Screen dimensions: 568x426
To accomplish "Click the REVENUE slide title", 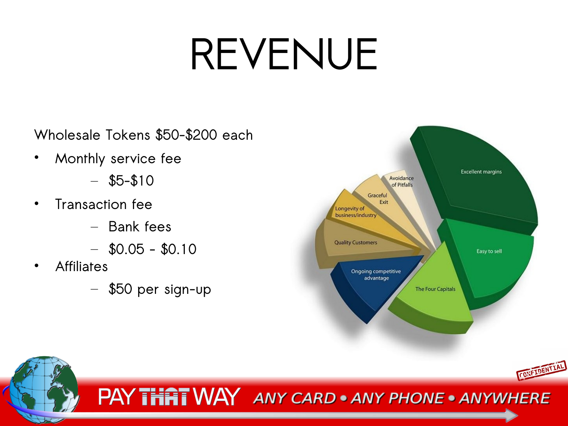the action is tap(284, 54).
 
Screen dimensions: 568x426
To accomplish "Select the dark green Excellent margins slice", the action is tap(479, 178).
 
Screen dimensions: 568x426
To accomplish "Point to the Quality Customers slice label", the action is tap(356, 242).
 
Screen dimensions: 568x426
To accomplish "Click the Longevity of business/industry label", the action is tap(356, 212).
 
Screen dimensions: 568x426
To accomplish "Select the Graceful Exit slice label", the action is tap(378, 199).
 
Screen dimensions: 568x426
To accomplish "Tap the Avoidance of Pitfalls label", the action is tap(402, 181).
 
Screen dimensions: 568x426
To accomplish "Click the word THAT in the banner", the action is tap(164, 397).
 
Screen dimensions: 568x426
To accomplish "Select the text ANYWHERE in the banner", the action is tap(505, 398).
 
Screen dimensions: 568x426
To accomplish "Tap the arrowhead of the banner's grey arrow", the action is tap(511, 415).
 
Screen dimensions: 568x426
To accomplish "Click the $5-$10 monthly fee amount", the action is tap(131, 181).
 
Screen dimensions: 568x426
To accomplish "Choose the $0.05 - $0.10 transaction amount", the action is tap(153, 249).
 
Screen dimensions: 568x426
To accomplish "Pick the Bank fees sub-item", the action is tap(140, 226).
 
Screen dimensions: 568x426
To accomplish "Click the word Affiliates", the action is tap(81, 267).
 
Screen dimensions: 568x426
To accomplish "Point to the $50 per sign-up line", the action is tap(160, 289).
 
